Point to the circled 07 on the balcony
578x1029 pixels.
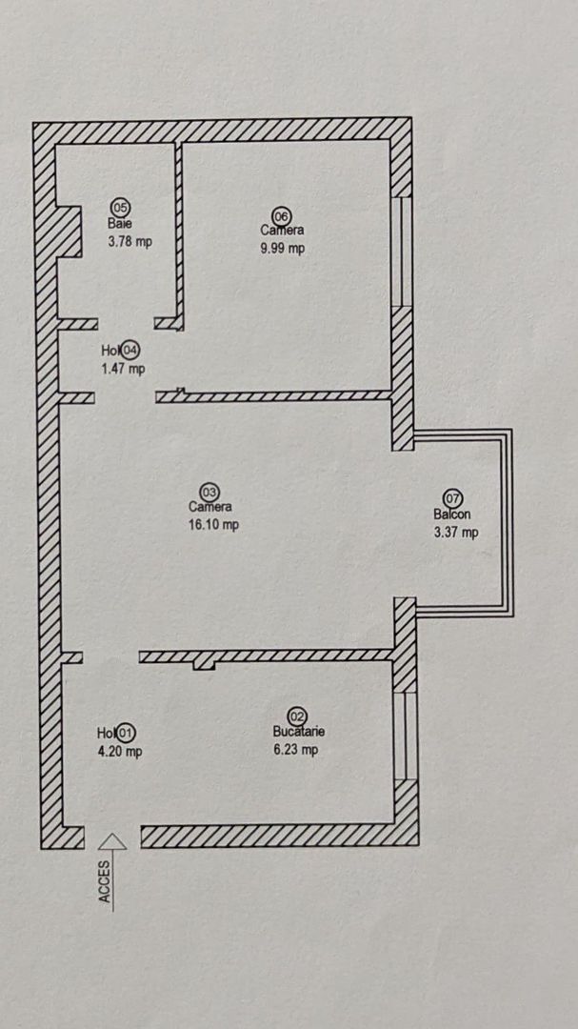tap(453, 498)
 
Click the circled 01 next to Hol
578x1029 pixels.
tap(126, 733)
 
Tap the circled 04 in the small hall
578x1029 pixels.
tap(130, 350)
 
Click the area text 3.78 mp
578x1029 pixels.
tap(130, 241)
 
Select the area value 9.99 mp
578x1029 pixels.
tap(283, 249)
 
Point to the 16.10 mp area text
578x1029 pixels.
tap(213, 525)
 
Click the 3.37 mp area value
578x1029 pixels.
tap(456, 533)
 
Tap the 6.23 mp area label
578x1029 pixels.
tap(296, 750)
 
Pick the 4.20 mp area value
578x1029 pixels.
tap(119, 752)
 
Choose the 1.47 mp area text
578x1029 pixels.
tap(124, 369)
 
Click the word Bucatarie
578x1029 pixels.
tap(299, 732)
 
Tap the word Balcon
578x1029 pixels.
tap(452, 514)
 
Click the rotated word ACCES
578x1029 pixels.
tap(105, 881)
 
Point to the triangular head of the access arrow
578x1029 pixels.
tap(113, 841)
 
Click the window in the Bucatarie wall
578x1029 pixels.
tap(406, 736)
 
